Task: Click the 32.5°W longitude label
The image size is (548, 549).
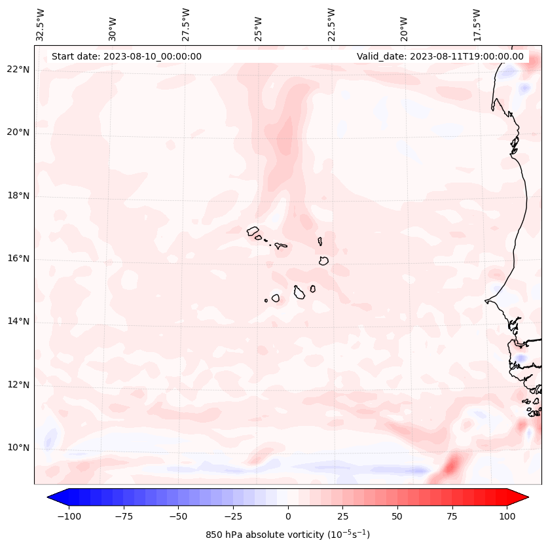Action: point(41,24)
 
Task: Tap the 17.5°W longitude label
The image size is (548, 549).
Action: point(477,24)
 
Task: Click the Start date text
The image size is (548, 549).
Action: point(126,56)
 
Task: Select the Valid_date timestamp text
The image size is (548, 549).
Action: point(440,56)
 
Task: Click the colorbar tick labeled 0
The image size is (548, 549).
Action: point(288,516)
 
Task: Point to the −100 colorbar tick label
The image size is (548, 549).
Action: point(69,516)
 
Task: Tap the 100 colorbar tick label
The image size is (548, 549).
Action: point(507,516)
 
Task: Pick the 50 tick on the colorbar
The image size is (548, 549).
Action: point(397,516)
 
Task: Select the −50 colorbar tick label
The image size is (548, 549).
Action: point(178,516)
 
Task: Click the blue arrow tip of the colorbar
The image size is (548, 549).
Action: point(52,498)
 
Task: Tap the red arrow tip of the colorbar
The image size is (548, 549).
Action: point(523,498)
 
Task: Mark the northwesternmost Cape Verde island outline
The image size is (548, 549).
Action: point(253,231)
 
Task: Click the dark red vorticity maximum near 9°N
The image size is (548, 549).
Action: point(451,466)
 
